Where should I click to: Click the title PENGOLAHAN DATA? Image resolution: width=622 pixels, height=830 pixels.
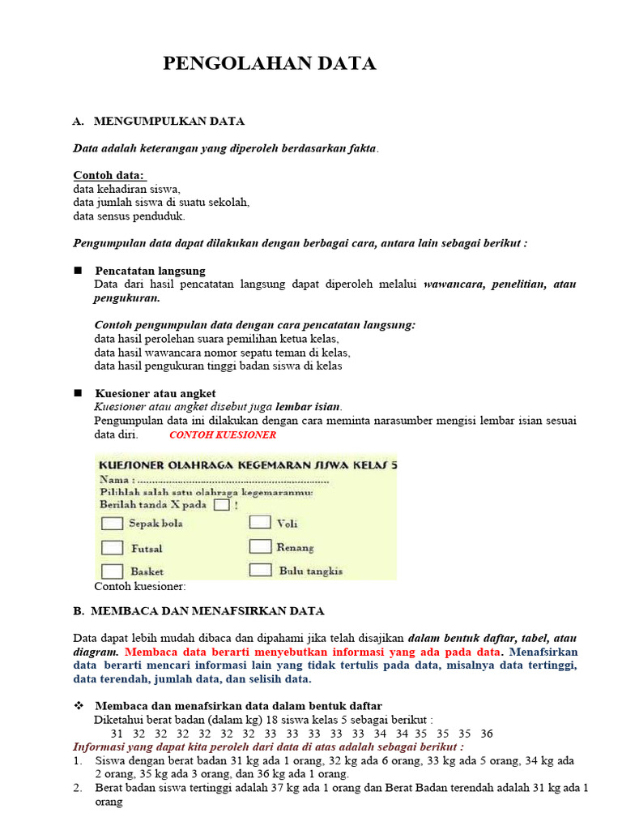click(x=270, y=64)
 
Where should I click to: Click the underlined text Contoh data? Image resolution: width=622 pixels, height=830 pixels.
click(x=109, y=175)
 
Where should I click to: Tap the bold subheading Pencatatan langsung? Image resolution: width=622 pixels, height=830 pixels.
click(x=150, y=271)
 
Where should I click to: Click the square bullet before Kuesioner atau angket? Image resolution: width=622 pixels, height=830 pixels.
click(x=79, y=392)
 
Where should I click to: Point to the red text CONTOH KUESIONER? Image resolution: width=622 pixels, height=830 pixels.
click(x=223, y=434)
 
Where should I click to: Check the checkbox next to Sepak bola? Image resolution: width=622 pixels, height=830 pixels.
click(x=112, y=524)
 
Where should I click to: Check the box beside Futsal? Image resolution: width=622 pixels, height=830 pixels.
click(x=112, y=548)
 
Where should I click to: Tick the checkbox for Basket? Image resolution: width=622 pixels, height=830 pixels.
click(x=112, y=571)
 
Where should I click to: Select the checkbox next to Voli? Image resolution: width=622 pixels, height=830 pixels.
click(x=260, y=523)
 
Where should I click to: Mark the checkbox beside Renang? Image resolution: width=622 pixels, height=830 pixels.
click(x=260, y=546)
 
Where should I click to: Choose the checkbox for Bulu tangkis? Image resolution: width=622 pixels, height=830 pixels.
click(x=260, y=570)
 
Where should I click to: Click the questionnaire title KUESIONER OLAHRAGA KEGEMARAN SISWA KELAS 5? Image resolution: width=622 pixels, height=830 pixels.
click(x=247, y=465)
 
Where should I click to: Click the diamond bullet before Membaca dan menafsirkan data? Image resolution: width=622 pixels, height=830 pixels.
click(x=79, y=706)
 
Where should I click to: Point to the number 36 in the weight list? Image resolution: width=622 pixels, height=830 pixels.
click(x=486, y=734)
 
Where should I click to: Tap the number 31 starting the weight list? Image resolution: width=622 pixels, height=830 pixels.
click(x=117, y=734)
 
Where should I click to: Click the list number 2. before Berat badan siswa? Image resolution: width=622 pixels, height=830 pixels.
click(x=78, y=787)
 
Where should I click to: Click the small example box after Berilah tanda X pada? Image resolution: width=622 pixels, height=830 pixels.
click(x=221, y=504)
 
